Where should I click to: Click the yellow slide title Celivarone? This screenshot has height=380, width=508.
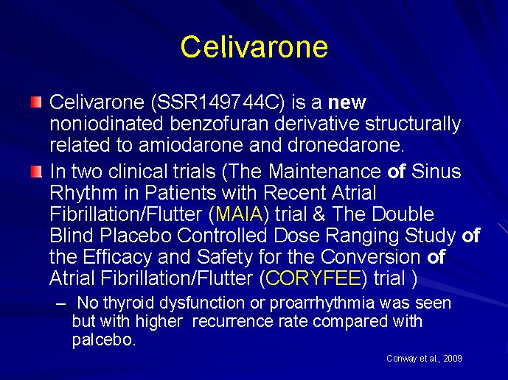254,46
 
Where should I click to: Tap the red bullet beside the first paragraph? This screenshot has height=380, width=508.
36,102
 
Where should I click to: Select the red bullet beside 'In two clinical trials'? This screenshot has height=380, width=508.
36,172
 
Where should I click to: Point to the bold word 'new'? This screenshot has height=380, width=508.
347,103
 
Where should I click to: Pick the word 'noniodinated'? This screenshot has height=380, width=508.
106,123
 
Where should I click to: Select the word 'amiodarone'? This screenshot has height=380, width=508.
191,144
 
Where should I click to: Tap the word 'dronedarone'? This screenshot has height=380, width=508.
344,144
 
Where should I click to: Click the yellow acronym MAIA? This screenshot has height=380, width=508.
239,214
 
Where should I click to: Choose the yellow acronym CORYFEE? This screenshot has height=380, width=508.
313,278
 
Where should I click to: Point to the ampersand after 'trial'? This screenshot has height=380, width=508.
319,214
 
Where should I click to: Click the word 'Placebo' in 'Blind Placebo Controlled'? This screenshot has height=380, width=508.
136,236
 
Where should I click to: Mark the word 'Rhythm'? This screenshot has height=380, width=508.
83,193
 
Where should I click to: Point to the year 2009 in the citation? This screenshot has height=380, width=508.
453,359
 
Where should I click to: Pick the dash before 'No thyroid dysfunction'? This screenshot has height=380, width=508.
60,304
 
